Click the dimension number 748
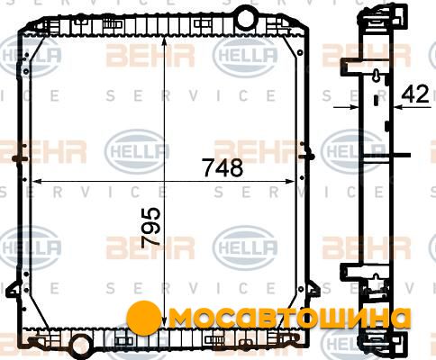223,167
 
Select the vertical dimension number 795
151,228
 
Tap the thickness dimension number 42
415,94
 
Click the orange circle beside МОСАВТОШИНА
142,317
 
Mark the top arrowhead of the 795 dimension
164,40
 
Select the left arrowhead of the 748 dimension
36,181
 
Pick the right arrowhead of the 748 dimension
289,181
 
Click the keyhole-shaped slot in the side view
376,75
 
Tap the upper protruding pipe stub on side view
351,66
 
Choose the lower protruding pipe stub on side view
351,271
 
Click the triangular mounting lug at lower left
13,290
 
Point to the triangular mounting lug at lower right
313,290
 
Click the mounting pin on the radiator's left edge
21,158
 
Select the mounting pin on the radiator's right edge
308,157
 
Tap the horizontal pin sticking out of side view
401,155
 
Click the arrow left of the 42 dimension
346,106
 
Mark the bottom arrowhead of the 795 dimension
164,322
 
